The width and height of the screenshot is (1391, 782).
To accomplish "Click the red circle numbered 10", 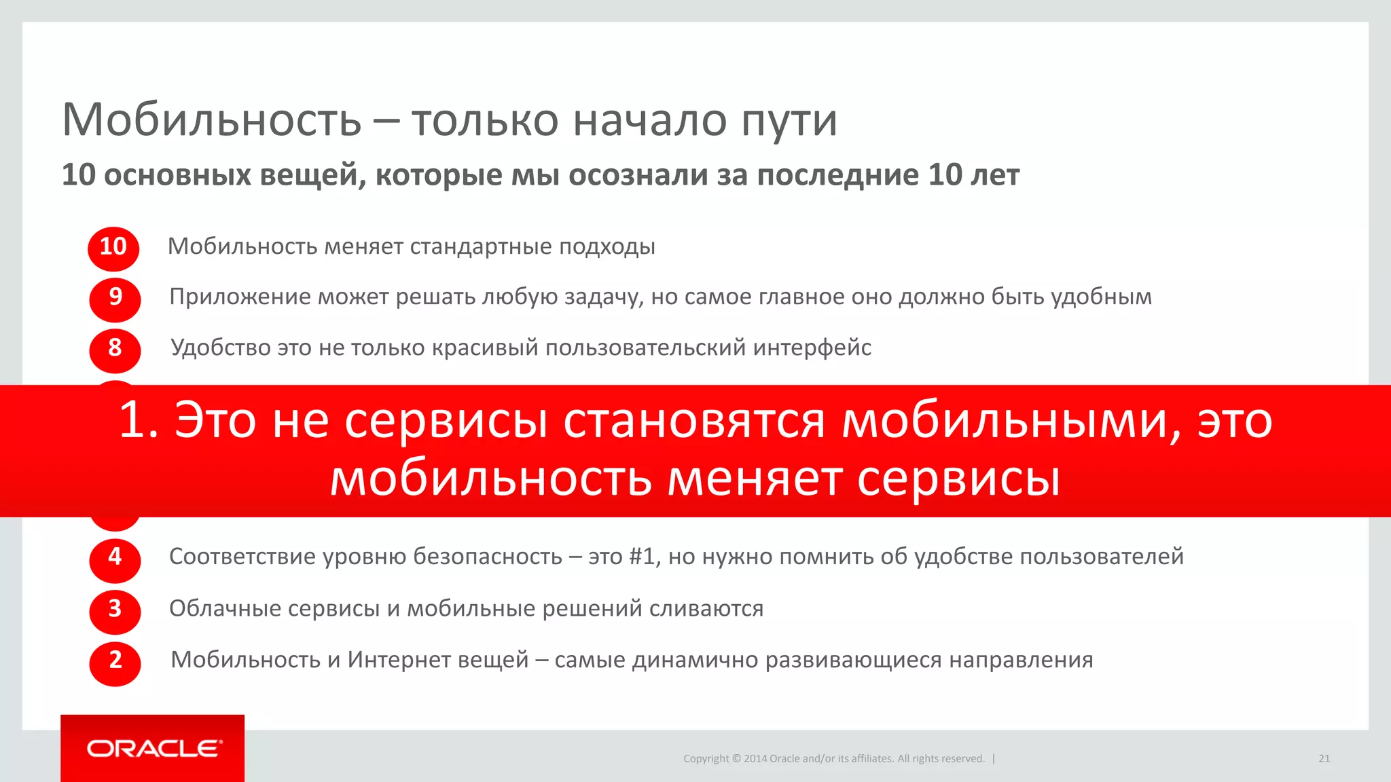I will point(113,248).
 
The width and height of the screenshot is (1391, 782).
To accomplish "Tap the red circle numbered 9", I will point(115,299).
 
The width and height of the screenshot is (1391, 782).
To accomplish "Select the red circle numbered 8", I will point(115,350).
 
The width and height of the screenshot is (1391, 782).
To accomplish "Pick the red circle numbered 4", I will point(115,559).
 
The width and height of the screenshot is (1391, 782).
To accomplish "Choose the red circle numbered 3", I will point(115,611).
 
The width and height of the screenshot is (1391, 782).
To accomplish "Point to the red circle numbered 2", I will point(115,663).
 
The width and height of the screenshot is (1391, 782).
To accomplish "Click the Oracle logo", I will point(153,748).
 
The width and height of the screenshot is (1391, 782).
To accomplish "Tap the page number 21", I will point(1324,758).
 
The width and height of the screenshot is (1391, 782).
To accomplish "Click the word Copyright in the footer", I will point(706,758).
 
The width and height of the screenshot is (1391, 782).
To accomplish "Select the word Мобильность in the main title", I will point(211,120).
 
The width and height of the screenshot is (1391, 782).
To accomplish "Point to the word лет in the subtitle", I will point(994,175).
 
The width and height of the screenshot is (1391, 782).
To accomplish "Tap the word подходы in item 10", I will point(607,247).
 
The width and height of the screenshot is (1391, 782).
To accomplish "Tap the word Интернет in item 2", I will point(438,660).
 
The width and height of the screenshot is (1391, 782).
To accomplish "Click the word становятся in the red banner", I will point(694,421).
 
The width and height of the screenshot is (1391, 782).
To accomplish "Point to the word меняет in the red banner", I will point(755,479).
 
